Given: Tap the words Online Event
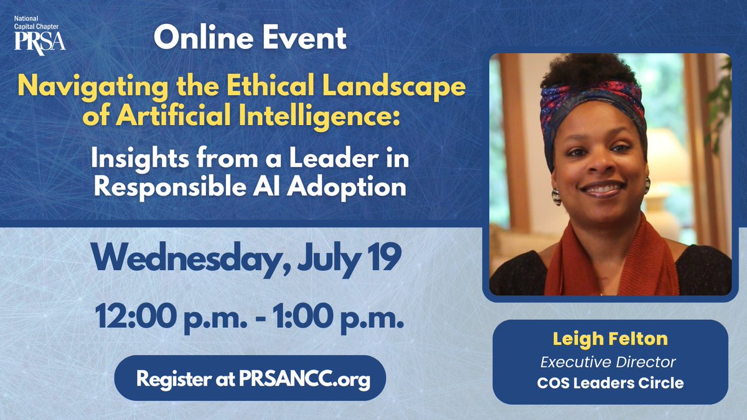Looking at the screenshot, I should [x=250, y=39].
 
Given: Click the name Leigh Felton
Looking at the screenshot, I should [x=610, y=340].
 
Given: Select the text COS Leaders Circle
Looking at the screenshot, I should [x=610, y=383].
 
